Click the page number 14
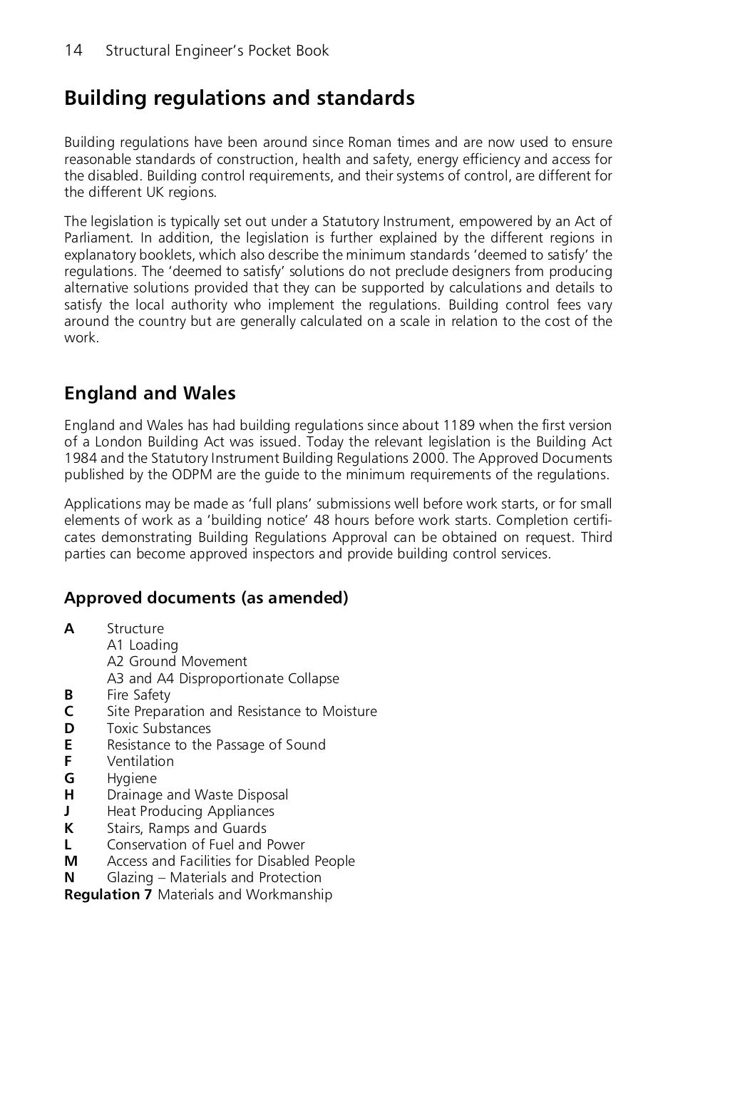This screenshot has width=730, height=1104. [x=73, y=51]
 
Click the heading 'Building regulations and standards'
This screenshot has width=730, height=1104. [x=239, y=98]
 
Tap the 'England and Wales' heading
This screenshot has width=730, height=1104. [x=150, y=394]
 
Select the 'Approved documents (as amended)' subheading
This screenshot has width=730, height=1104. [x=206, y=598]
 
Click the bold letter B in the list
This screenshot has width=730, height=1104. [x=68, y=695]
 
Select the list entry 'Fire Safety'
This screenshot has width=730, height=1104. [x=138, y=695]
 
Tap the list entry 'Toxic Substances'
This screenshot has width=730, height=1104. [x=158, y=728]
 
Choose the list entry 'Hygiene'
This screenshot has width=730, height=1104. [x=131, y=778]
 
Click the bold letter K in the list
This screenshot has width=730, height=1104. [x=68, y=828]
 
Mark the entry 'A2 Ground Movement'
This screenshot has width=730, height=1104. [x=177, y=662]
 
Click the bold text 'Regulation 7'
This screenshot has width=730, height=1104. [x=108, y=894]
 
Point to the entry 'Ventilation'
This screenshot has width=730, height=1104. [x=140, y=761]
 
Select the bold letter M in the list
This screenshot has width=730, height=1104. [x=71, y=861]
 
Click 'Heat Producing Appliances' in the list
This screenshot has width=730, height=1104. [x=190, y=811]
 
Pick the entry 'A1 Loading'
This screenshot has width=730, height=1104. [x=143, y=645]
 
